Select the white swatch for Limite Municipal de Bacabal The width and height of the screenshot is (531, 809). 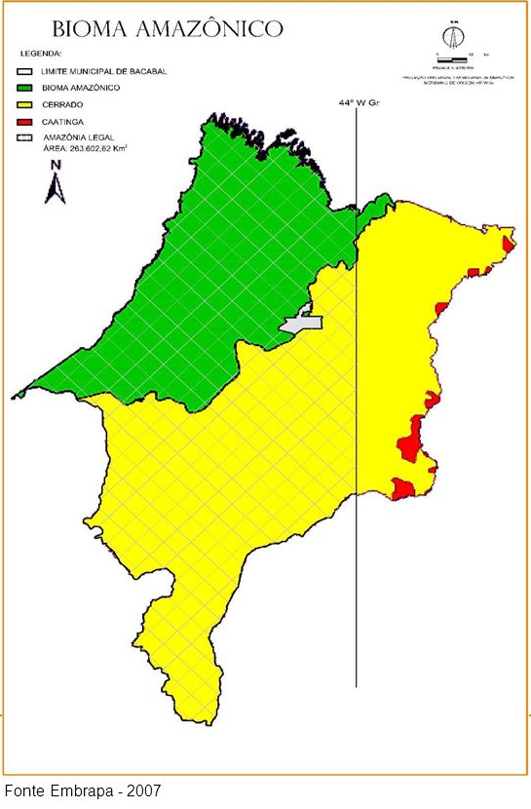coord(25,71)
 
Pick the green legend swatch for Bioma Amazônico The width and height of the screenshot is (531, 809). coord(25,87)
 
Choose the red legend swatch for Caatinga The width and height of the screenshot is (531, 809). coord(25,121)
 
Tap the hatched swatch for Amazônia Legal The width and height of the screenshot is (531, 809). coord(25,138)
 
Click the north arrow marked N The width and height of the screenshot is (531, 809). coord(56,184)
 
